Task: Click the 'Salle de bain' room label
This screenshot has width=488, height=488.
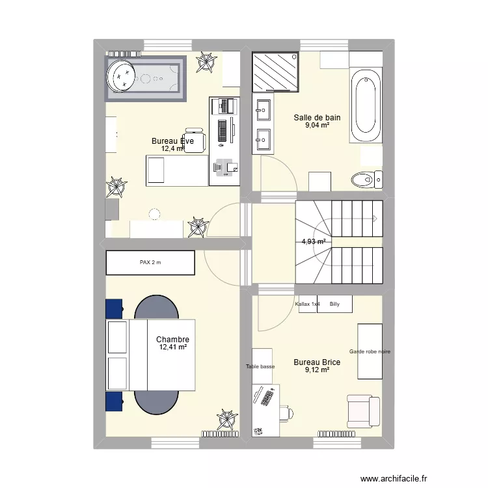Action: [317, 118]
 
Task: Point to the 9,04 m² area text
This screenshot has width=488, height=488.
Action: [317, 126]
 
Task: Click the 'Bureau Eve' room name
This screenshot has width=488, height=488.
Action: [172, 141]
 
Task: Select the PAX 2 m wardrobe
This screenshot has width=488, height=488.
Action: [150, 263]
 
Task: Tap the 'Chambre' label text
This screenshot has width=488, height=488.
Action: [172, 340]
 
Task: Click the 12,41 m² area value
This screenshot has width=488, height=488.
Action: [172, 347]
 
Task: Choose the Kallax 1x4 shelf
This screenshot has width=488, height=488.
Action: [307, 304]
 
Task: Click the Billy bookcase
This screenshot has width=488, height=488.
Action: [335, 304]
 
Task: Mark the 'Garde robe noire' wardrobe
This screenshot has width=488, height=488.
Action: [370, 351]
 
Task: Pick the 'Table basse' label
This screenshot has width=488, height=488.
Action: [260, 366]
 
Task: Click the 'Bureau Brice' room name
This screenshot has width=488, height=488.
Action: [317, 362]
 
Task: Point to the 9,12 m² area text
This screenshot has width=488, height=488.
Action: [317, 370]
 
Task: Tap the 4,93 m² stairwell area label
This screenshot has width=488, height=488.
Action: [314, 242]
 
